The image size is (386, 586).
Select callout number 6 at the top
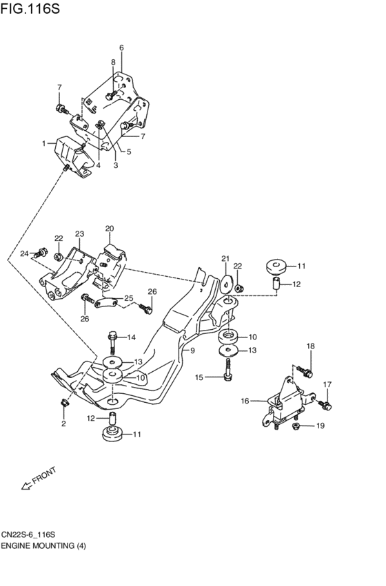(121, 48)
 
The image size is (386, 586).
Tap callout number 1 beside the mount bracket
(43, 143)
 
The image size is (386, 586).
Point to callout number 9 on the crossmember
(193, 350)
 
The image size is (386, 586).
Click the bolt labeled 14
(112, 338)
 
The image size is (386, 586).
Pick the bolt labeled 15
(227, 375)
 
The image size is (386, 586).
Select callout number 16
(245, 401)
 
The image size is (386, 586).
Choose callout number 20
(110, 228)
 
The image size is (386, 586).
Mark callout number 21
(225, 259)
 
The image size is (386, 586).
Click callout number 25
(128, 298)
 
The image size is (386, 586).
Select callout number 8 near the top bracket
(113, 63)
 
